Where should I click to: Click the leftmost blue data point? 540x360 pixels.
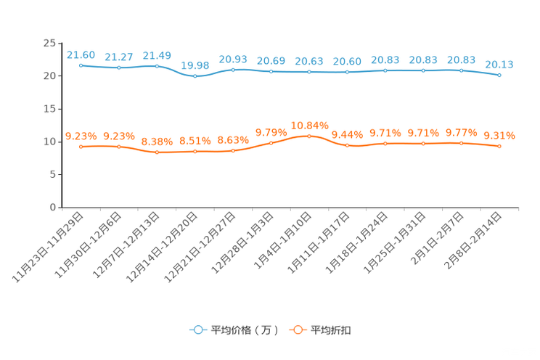coord(81,65)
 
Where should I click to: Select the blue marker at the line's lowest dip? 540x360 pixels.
coord(195,75)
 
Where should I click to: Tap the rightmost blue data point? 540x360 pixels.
coord(499,75)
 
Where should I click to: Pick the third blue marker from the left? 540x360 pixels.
coord(157,66)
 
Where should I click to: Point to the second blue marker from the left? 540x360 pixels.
coord(119,67)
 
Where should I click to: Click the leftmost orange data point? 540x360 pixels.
coord(81,147)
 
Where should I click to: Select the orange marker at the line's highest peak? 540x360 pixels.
coord(309,136)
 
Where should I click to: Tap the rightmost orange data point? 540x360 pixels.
coord(499,147)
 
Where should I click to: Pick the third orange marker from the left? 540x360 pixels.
coord(157,152)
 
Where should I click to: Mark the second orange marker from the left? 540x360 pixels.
coord(119,147)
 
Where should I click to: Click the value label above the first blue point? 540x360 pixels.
coord(81,54)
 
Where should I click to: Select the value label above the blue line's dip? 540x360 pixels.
coord(195,65)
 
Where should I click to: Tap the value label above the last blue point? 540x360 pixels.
coord(499,65)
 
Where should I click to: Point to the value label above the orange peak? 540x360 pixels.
coord(309,125)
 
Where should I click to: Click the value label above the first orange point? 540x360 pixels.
coord(81,136)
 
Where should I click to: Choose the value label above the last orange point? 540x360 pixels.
coord(499,135)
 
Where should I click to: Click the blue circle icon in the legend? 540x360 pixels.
coord(197,330)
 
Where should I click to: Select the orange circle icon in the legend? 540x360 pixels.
coord(297,330)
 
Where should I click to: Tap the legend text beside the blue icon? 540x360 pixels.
coord(244,330)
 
